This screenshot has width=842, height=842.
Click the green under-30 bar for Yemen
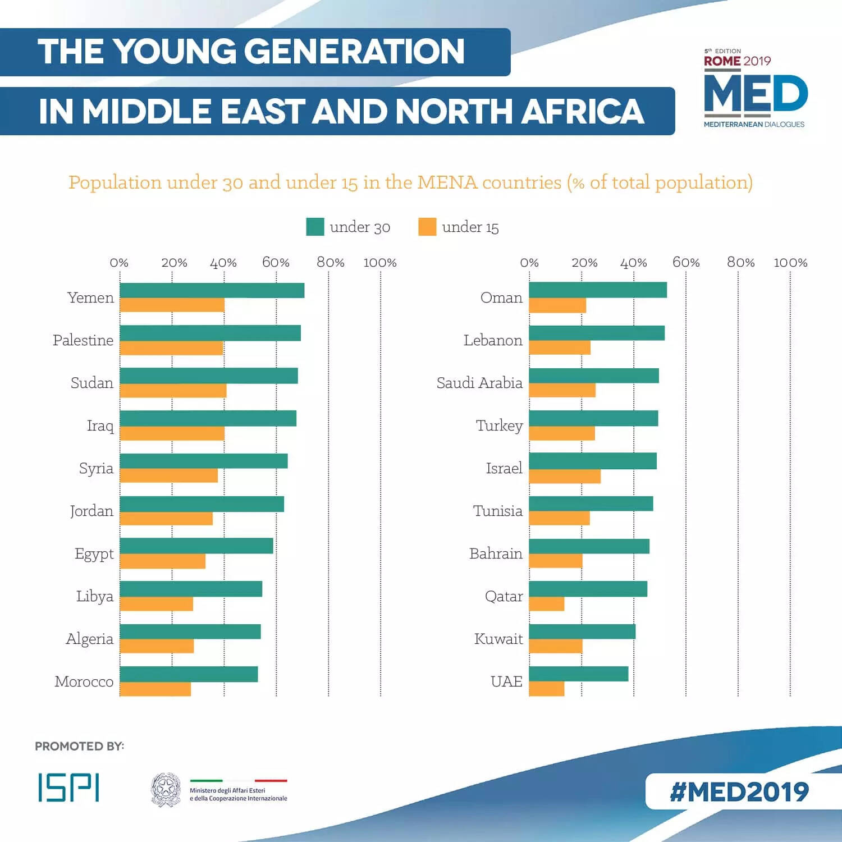point(212,290)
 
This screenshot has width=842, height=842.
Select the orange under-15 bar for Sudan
point(173,391)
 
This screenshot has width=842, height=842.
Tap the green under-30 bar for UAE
point(578,674)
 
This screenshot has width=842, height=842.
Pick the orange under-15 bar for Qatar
point(546,604)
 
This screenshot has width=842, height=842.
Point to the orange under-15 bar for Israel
point(564,476)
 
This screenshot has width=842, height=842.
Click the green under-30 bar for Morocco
point(189,674)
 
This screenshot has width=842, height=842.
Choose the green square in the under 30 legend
point(315,227)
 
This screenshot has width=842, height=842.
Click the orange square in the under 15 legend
point(427,227)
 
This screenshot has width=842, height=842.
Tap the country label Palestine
point(83,340)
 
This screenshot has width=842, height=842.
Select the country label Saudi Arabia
point(479,383)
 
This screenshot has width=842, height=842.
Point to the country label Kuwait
point(498,639)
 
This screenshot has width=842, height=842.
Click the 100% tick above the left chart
point(380,263)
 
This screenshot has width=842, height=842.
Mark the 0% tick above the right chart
point(529,263)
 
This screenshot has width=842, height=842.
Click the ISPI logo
point(68,787)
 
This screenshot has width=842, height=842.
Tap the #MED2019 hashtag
point(739,791)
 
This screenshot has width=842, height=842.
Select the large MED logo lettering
point(755,94)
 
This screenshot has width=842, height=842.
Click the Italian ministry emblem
point(166,789)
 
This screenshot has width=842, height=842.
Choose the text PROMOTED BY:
point(79,746)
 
